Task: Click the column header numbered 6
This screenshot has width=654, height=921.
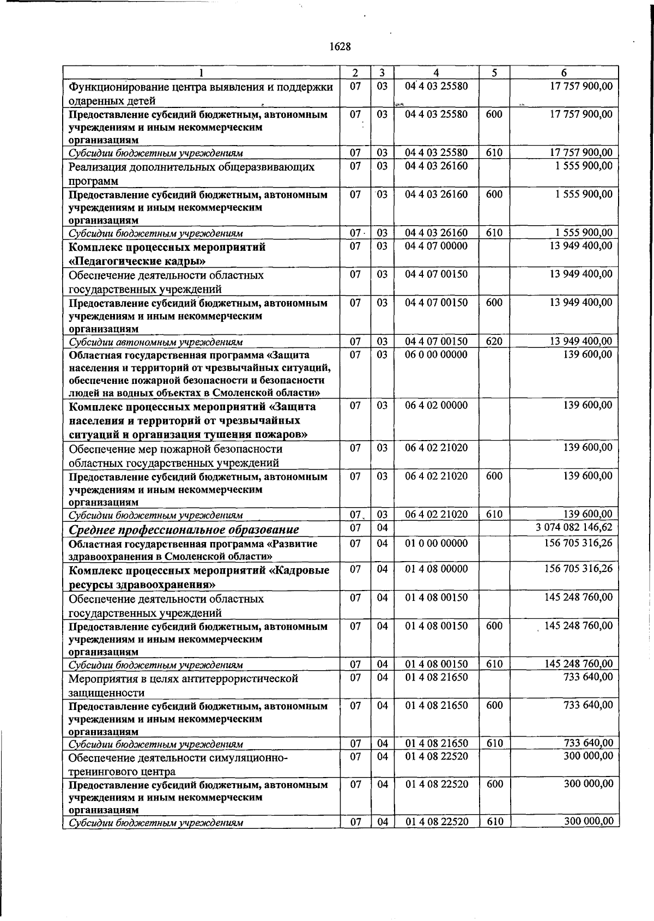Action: click(564, 73)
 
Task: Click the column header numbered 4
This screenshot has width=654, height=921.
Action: click(436, 73)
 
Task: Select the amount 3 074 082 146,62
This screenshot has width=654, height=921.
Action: click(574, 527)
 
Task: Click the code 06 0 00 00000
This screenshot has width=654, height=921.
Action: click(436, 354)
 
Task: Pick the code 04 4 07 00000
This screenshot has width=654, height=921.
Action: click(436, 246)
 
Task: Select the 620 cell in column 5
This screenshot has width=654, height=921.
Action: click(494, 342)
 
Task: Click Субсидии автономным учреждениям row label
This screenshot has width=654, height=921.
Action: click(155, 342)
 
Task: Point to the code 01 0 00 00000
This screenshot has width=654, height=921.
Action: click(436, 544)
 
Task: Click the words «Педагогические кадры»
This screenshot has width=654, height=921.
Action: click(137, 261)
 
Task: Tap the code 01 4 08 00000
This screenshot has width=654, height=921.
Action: click(436, 569)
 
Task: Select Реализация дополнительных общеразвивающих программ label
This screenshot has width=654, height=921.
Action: click(191, 173)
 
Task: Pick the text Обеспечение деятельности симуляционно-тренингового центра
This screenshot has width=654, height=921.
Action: click(177, 763)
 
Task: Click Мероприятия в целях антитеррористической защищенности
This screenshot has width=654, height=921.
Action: click(183, 685)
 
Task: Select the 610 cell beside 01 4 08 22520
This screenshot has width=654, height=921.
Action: click(494, 822)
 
